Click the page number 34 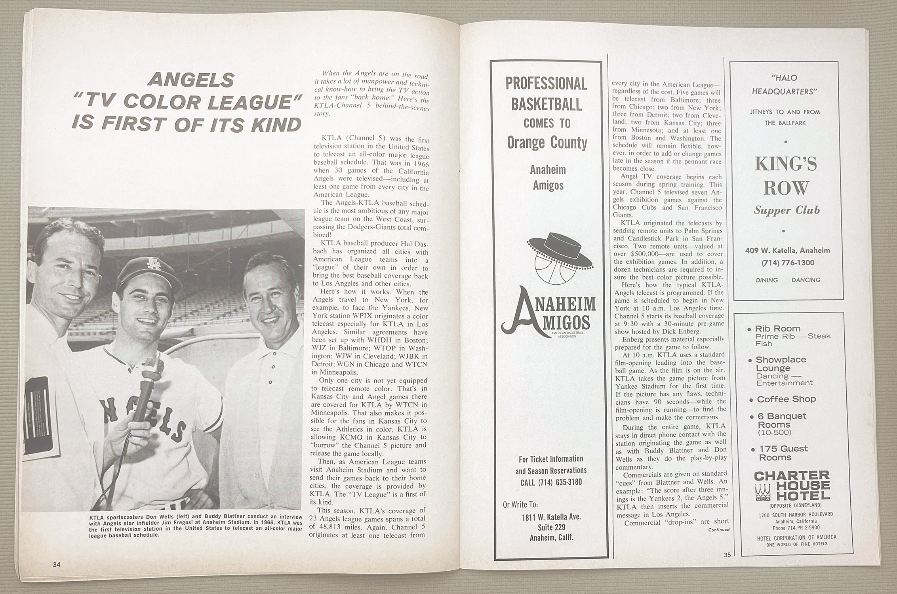coord(57,565)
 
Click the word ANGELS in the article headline coord(190,81)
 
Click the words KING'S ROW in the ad coord(786,175)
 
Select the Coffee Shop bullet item coord(786,399)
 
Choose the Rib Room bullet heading coord(777,328)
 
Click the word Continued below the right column coord(718,529)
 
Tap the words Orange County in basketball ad coord(547,143)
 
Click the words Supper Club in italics coord(787,210)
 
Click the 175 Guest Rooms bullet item coord(783,453)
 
